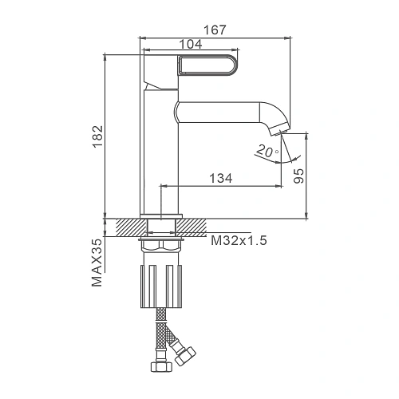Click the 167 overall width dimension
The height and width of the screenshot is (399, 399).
pyautogui.click(x=215, y=30)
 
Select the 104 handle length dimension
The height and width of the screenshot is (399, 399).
pyautogui.click(x=191, y=44)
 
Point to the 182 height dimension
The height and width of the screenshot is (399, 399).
pyautogui.click(x=97, y=136)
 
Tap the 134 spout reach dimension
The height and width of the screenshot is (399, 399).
pyautogui.click(x=221, y=178)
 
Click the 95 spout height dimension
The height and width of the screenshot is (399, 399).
pyautogui.click(x=298, y=176)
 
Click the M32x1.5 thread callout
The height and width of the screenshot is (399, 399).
pyautogui.click(x=239, y=241)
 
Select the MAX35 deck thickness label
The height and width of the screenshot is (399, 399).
pyautogui.click(x=97, y=263)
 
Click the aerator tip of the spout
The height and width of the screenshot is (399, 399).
pyautogui.click(x=280, y=129)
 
